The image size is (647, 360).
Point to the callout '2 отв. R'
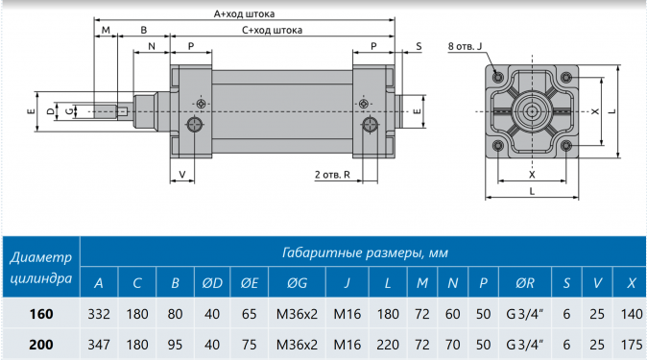click(x=332, y=175)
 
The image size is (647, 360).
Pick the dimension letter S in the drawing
click(x=419, y=46)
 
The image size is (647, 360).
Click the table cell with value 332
click(x=98, y=313)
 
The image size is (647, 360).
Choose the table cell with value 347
click(x=98, y=343)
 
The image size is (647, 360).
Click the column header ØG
click(x=297, y=283)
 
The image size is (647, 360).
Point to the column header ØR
click(x=525, y=283)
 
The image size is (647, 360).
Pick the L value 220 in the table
click(x=388, y=343)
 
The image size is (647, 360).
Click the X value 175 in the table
click(x=630, y=343)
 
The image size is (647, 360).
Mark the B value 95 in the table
click(x=175, y=343)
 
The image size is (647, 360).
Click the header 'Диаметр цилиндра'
click(x=40, y=268)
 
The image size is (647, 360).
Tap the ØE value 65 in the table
click(x=250, y=313)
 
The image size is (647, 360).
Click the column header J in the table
click(x=347, y=283)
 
